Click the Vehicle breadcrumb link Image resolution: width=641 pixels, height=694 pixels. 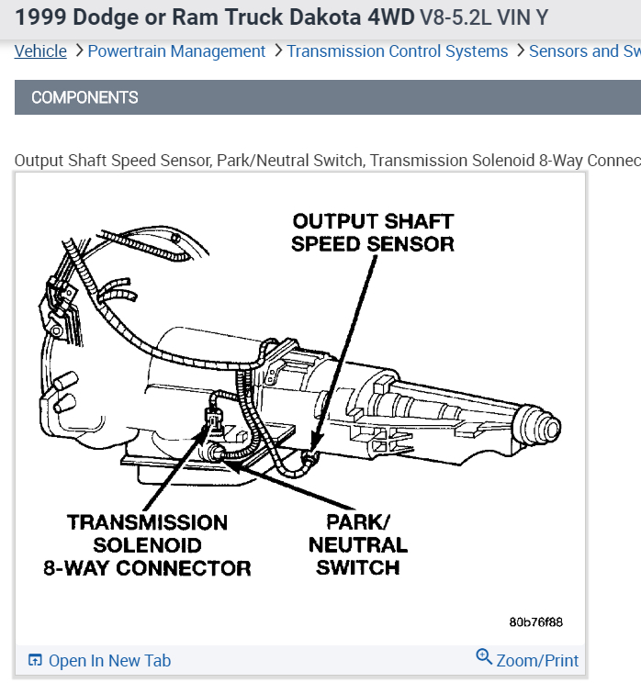coord(40,51)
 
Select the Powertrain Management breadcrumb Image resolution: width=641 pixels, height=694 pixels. coord(176,51)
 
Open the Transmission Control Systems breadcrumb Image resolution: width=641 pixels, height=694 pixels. coord(397,51)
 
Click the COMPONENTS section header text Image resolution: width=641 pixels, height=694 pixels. coord(84,97)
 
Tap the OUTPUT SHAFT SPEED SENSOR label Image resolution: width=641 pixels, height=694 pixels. coord(372,232)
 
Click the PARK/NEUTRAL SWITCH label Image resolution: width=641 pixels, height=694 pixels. coord(358,544)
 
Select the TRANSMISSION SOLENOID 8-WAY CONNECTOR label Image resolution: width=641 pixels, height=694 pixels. coord(147,545)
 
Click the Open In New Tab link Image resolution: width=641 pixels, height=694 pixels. coord(109,661)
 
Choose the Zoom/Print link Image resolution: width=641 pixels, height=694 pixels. coord(537,661)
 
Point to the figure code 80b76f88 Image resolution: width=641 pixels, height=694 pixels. coord(535,621)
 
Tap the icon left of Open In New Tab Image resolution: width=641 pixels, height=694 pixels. coord(35,661)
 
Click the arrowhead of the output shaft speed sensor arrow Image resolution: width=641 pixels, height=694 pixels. coord(313,453)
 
